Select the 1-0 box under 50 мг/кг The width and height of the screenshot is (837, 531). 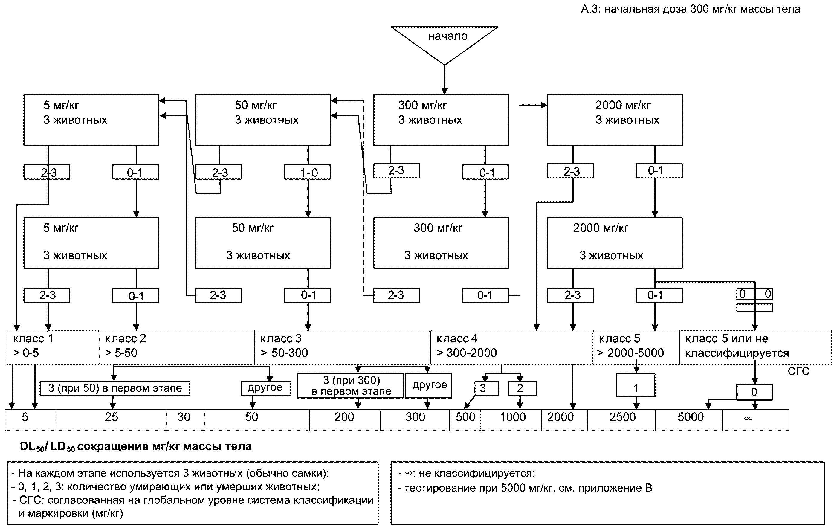307,173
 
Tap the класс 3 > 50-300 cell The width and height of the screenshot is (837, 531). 342,347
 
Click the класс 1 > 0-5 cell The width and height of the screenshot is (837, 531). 53,347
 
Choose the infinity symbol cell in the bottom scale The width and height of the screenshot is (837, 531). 755,420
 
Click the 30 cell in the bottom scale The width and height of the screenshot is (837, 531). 184,420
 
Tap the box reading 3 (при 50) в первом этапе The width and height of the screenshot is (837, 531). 115,388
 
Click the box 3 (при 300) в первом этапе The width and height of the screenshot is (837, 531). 350,386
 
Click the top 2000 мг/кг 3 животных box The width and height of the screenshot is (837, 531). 615,120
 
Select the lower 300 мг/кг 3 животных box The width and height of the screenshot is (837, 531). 441,243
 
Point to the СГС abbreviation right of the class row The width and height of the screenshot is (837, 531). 798,371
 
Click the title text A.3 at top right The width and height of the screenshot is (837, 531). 690,9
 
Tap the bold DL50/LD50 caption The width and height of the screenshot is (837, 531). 135,446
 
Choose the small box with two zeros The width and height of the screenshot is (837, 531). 754,294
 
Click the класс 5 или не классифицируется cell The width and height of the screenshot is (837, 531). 755,347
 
